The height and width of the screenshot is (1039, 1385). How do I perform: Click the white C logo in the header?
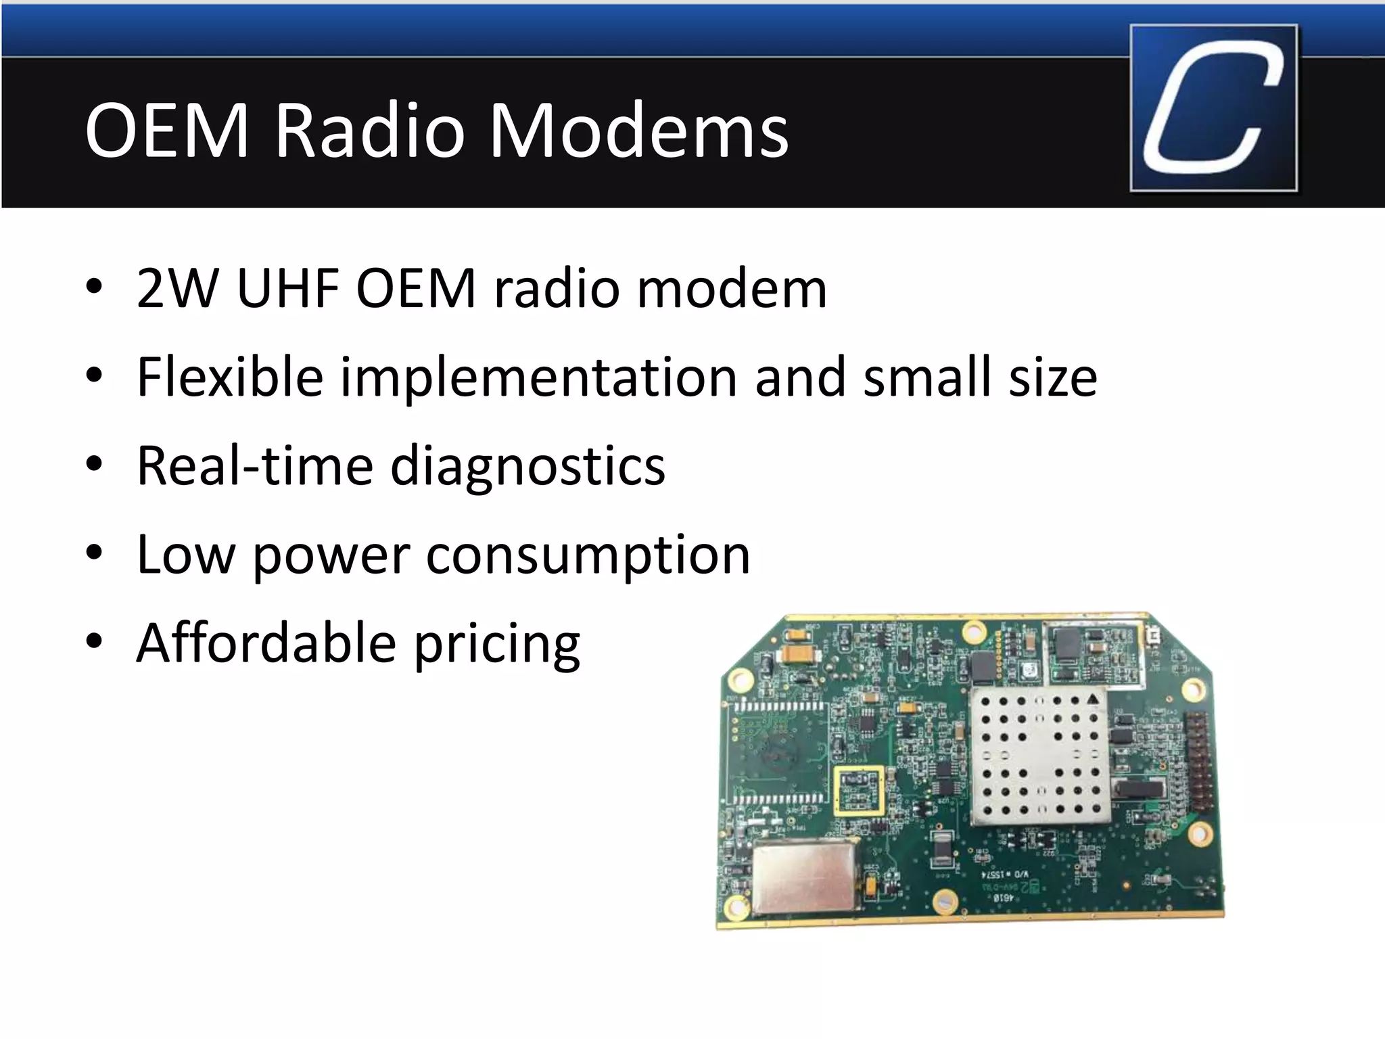[1213, 108]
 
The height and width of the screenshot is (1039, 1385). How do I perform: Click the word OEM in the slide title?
[167, 130]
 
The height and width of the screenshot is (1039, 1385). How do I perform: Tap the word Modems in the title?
[638, 130]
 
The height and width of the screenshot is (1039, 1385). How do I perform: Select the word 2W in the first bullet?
[177, 289]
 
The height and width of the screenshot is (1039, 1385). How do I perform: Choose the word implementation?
[538, 377]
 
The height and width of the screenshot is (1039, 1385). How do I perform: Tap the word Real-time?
[255, 466]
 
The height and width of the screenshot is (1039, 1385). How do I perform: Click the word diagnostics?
[528, 467]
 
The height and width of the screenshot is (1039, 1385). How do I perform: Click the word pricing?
[497, 645]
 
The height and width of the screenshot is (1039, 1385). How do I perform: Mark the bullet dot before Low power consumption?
[94, 553]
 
